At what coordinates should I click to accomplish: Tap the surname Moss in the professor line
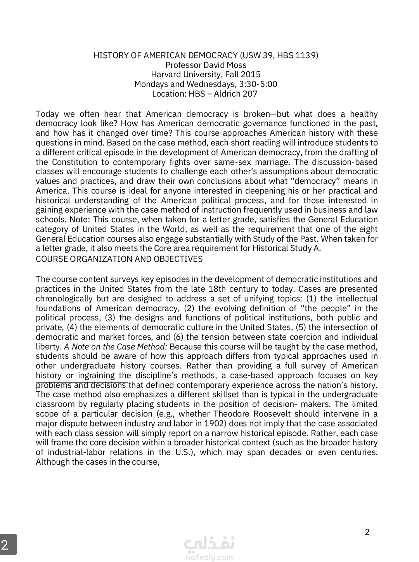point(236,65)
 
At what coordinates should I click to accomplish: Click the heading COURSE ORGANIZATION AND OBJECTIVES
point(119,259)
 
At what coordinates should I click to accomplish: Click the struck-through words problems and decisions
point(81,385)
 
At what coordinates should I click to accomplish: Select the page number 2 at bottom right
point(367,532)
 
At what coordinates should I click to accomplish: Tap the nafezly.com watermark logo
point(209,548)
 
